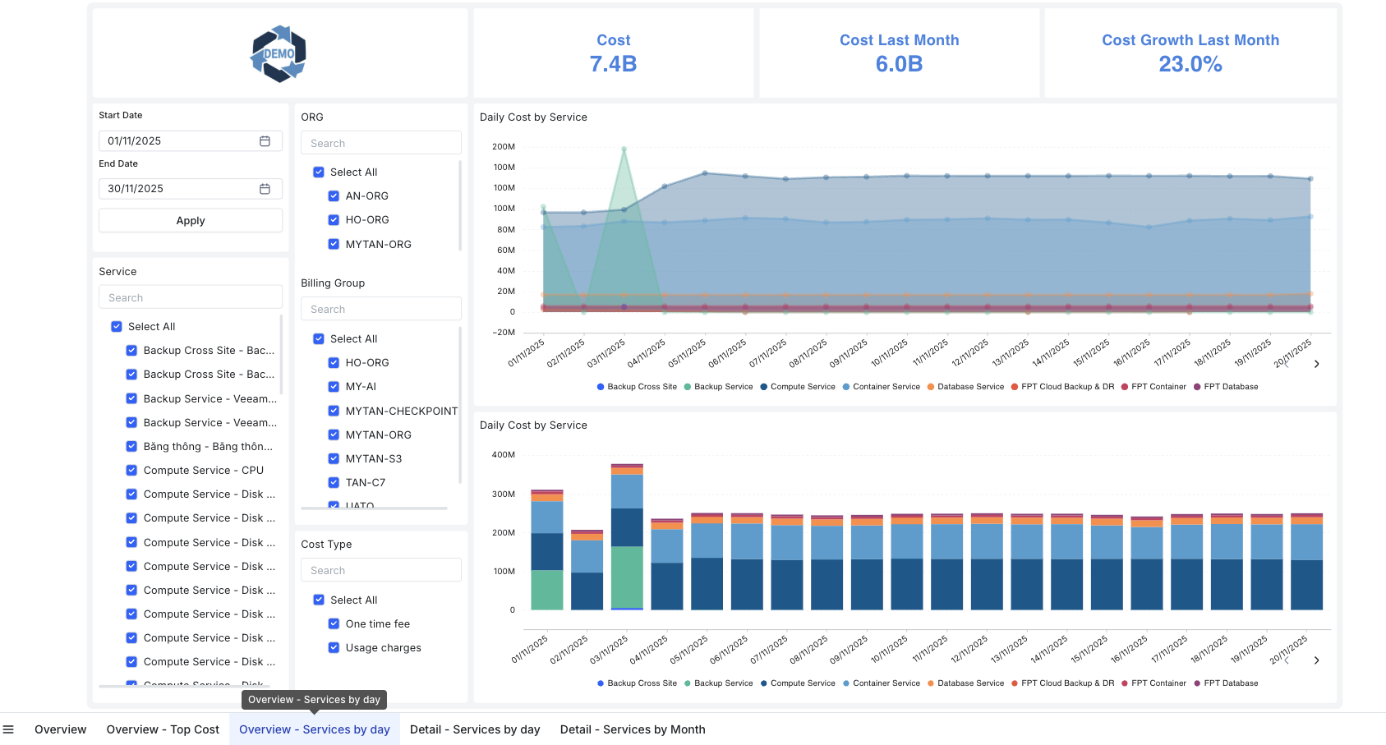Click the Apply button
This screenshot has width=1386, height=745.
[190, 220]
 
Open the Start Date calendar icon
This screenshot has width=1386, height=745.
[265, 141]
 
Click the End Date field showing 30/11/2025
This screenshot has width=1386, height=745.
[181, 189]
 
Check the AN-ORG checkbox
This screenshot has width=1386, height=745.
[334, 196]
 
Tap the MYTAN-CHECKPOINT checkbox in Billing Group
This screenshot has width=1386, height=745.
[334, 411]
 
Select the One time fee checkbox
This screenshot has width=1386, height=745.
[334, 623]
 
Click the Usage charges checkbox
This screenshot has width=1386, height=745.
[334, 647]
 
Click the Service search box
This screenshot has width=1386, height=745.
[190, 297]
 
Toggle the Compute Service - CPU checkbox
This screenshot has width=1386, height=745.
[131, 471]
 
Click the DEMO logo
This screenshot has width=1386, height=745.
[279, 53]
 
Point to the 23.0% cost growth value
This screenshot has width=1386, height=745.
[1190, 64]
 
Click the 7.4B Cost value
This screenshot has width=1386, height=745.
[613, 64]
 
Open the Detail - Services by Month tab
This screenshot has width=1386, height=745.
[632, 729]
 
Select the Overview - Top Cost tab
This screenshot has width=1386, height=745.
[163, 729]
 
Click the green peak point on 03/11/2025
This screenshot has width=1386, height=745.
[624, 149]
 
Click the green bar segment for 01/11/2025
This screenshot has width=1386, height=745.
[546, 590]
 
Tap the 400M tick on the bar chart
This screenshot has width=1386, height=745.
[503, 454]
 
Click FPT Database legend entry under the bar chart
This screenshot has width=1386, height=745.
[1230, 683]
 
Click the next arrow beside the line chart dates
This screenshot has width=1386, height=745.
[1316, 364]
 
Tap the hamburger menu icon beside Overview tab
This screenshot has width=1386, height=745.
[8, 729]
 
